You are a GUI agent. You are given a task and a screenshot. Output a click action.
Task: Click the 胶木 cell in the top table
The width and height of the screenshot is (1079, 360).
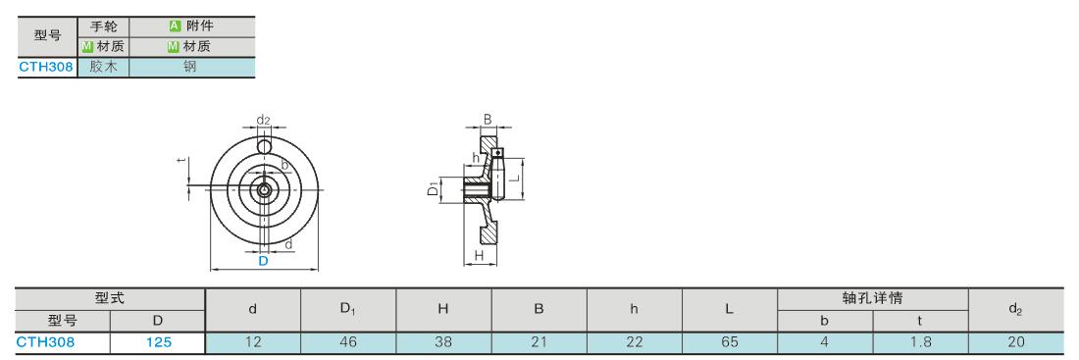point(103,67)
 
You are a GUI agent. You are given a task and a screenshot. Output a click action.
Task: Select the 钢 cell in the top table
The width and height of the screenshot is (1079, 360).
point(191,67)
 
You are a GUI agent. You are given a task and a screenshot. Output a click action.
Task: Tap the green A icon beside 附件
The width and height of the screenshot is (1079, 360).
point(175,26)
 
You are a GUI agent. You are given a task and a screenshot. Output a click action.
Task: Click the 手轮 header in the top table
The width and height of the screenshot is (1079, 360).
point(103,26)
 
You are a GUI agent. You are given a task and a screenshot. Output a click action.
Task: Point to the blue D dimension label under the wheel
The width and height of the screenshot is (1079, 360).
point(263,261)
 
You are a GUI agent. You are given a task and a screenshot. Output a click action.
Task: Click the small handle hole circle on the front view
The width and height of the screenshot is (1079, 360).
point(264,146)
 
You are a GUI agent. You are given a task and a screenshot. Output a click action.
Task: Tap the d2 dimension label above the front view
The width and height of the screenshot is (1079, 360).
point(263,120)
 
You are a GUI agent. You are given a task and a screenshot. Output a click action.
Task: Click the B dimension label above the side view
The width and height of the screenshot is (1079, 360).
point(488,119)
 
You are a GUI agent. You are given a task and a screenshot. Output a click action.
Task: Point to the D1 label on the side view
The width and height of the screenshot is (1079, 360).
point(433,188)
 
